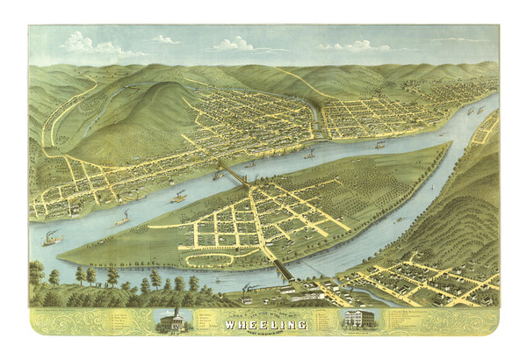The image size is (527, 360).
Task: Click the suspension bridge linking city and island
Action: [x=233, y=172]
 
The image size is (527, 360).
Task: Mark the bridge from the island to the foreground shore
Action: [x=278, y=268]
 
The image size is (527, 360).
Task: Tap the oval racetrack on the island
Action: [x=207, y=260]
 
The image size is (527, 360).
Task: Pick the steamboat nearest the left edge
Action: [x=50, y=237]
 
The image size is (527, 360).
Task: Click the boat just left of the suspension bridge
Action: [x=217, y=176]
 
